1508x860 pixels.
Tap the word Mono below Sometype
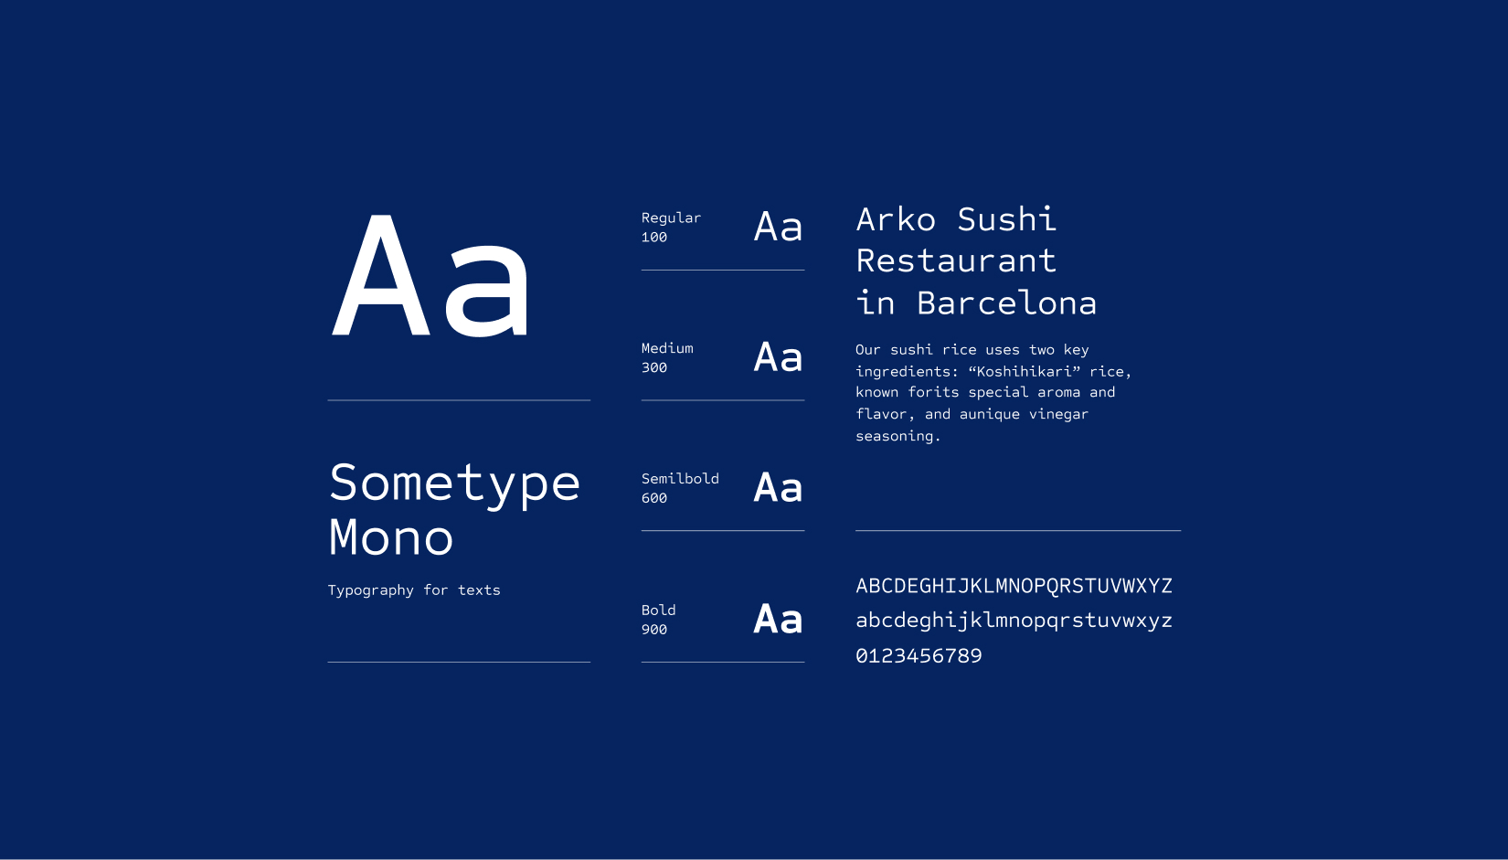point(391,537)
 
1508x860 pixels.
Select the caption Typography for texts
point(414,590)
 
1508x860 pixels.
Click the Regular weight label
point(671,218)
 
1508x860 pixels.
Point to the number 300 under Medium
point(654,367)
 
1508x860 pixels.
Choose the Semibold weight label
point(680,479)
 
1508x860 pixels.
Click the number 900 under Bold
point(654,630)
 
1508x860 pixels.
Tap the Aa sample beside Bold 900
point(779,619)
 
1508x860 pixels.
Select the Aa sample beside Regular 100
point(779,227)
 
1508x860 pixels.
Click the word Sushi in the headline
point(1007,219)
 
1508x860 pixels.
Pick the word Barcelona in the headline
point(1007,303)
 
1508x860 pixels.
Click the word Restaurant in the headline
point(956,261)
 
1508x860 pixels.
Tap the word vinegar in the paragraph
point(1058,414)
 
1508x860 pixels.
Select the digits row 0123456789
point(919,656)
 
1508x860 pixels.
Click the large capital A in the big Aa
point(381,275)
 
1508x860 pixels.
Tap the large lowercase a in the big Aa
point(486,291)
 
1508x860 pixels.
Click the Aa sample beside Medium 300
point(779,357)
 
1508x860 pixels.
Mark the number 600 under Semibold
point(654,498)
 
